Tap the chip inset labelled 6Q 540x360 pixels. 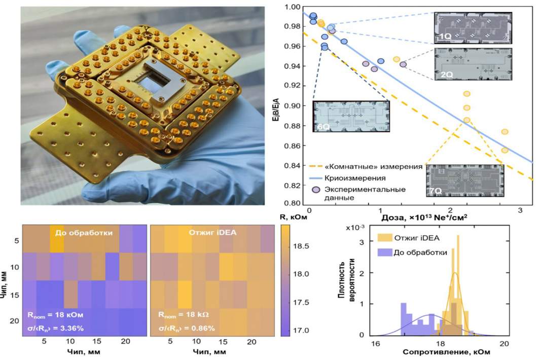(x=351, y=116)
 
